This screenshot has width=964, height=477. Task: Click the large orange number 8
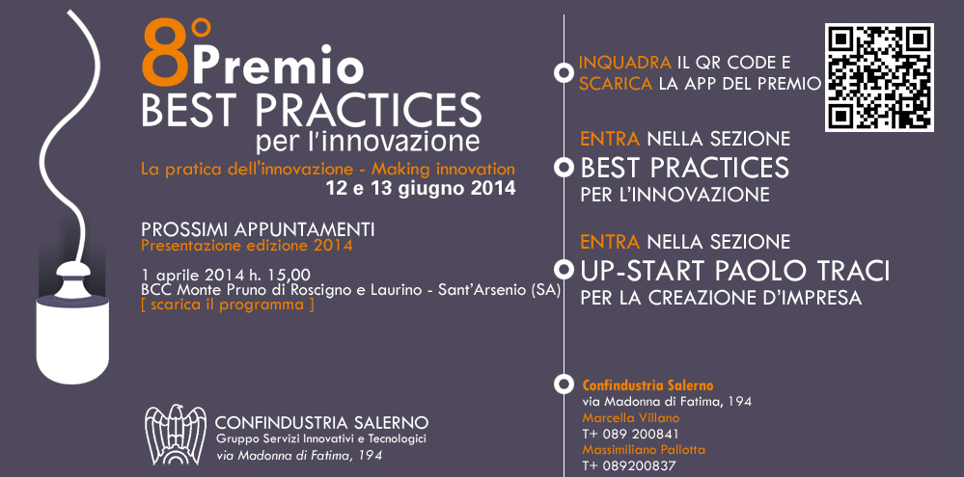165,55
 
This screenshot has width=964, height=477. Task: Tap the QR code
879,77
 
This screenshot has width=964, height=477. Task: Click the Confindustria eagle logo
176,434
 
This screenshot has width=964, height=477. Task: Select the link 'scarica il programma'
228,305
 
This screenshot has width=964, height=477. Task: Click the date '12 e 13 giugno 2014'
421,189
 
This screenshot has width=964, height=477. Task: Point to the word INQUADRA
624,63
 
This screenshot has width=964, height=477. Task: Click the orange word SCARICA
616,84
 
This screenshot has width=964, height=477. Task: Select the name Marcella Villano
631,418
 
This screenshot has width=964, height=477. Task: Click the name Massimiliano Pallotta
644,450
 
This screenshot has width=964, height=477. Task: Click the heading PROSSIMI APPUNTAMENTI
258,229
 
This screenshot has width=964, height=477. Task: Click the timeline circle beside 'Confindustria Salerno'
564,384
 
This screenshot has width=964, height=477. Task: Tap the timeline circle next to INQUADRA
564,73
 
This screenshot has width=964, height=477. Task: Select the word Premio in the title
278,66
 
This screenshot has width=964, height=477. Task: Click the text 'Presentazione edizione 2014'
246,246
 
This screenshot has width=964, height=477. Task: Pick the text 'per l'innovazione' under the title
368,141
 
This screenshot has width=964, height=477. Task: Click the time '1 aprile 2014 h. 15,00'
226,275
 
